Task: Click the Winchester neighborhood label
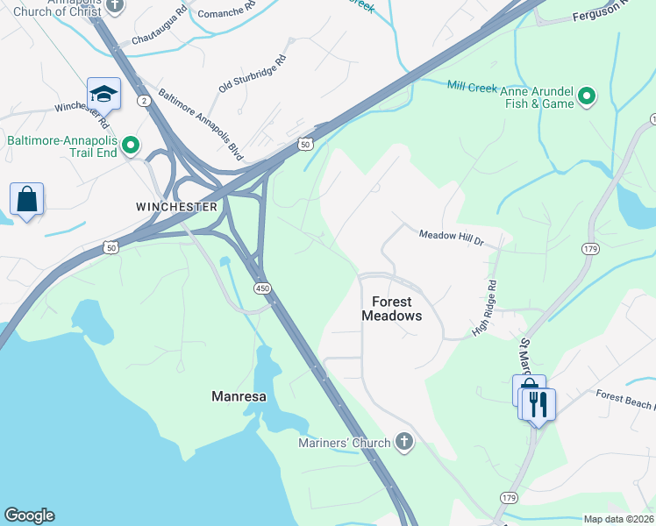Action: [x=176, y=207]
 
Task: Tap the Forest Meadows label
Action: [x=392, y=309]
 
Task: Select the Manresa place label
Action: [x=238, y=396]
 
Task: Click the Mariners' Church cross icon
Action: [x=404, y=442]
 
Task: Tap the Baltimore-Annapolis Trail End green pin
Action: [x=131, y=146]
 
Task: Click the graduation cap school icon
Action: [x=103, y=94]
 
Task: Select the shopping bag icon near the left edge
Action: [x=27, y=199]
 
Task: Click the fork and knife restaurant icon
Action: [x=538, y=404]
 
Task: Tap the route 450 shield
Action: [x=262, y=288]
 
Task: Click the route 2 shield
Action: [x=145, y=101]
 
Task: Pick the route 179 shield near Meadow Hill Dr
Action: [x=589, y=250]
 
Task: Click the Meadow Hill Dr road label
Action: [x=451, y=235]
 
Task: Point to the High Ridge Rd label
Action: [x=484, y=308]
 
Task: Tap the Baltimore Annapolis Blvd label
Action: [x=199, y=127]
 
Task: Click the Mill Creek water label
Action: [x=473, y=88]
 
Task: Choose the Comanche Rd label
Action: [x=226, y=11]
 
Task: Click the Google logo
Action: [x=29, y=515]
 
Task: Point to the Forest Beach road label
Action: [x=624, y=400]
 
